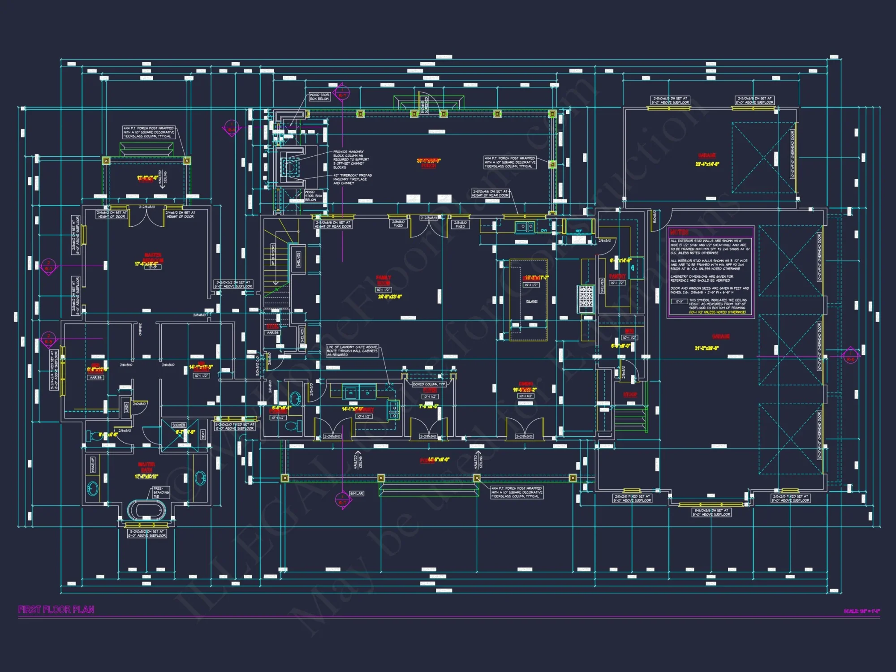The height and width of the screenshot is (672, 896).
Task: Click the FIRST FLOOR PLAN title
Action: (x=56, y=610)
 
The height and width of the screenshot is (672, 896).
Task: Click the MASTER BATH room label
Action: (x=146, y=467)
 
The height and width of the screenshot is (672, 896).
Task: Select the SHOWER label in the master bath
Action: (x=179, y=425)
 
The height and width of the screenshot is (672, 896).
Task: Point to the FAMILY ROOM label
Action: (x=383, y=280)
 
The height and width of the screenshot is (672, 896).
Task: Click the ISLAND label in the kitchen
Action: (x=532, y=301)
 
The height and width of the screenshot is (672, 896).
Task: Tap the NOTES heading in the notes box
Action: (x=679, y=232)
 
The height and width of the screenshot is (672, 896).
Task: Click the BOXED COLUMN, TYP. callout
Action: (x=429, y=384)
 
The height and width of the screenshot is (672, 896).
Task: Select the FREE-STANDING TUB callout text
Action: (x=161, y=492)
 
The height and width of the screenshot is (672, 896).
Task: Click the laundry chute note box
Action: (x=352, y=351)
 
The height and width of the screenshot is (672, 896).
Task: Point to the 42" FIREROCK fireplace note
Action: (x=352, y=179)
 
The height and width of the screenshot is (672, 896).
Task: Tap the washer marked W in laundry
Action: (x=351, y=393)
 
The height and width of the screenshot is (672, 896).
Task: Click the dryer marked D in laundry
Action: (x=368, y=393)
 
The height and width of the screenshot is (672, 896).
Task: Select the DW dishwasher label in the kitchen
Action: (x=544, y=231)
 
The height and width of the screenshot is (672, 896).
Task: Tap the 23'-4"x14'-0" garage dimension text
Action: (x=707, y=164)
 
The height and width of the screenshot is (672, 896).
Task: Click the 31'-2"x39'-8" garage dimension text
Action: (x=706, y=348)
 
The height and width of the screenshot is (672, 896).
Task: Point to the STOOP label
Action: (x=630, y=395)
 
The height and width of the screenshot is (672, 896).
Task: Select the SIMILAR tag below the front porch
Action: (x=356, y=493)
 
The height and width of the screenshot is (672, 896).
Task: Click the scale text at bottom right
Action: (x=862, y=611)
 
